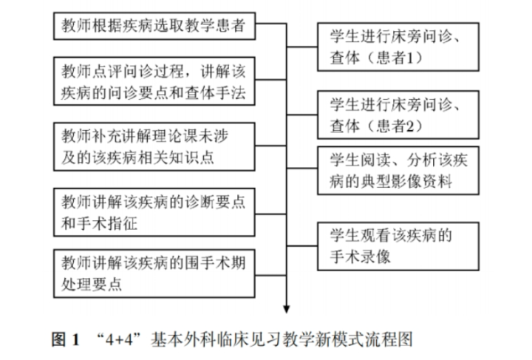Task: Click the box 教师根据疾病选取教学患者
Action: click(154, 28)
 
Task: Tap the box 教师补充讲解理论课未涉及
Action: click(156, 148)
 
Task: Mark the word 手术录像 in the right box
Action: click(354, 257)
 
